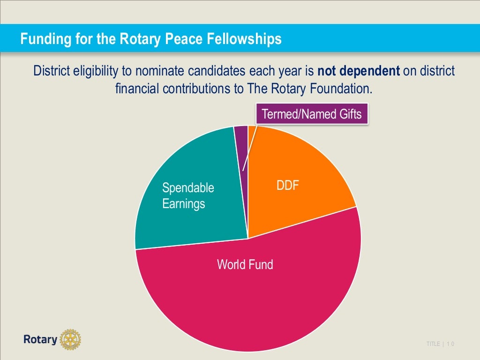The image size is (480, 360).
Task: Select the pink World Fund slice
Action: (x=248, y=300)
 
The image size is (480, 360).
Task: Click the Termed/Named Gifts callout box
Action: (x=312, y=114)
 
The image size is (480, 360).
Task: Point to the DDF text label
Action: (x=288, y=186)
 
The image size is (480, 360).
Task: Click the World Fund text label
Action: (x=245, y=264)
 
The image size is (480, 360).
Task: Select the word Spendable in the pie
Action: (x=188, y=188)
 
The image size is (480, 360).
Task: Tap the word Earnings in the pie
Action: (x=184, y=204)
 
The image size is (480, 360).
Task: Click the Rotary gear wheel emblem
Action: (x=70, y=339)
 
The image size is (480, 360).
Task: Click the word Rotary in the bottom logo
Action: (x=40, y=339)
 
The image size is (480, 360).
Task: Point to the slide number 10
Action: (x=451, y=344)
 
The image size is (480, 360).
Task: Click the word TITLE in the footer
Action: (x=433, y=344)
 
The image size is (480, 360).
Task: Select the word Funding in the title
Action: (x=44, y=39)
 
